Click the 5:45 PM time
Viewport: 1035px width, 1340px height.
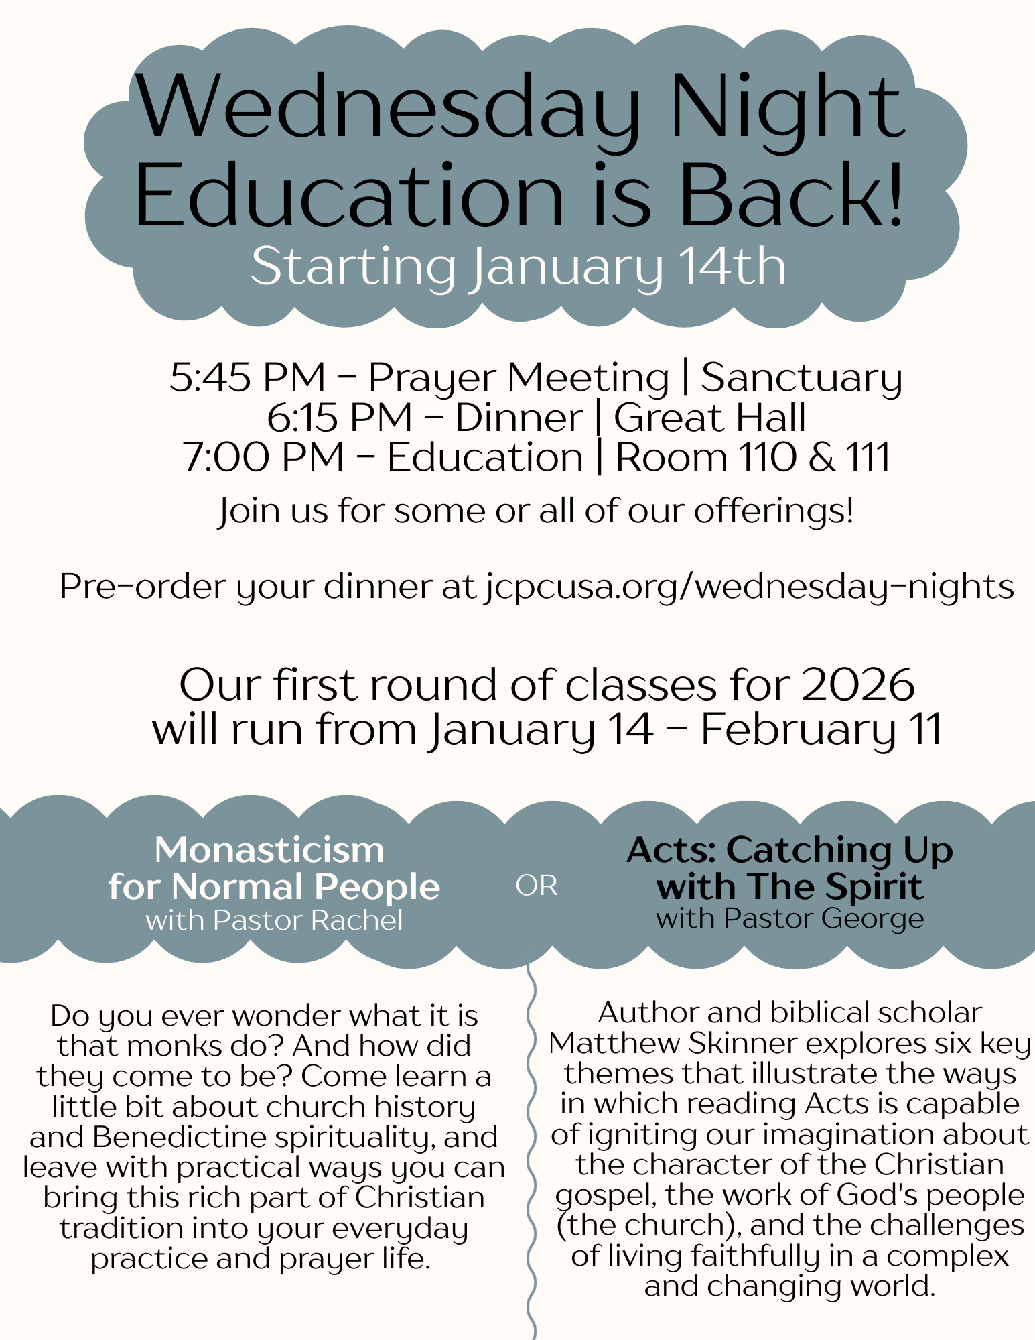coord(247,377)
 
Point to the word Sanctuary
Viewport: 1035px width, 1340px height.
coord(801,378)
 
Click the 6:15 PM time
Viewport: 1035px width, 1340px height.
coord(339,418)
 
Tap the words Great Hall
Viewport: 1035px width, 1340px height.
coord(709,418)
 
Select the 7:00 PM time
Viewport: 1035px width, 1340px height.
coord(263,457)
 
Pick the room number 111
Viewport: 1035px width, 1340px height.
coord(868,457)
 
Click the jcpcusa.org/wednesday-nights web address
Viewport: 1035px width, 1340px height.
coord(749,587)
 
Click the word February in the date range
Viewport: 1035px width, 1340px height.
coord(798,729)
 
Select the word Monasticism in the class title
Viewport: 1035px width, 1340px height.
coord(269,849)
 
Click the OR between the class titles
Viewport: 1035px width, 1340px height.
coord(536,886)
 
